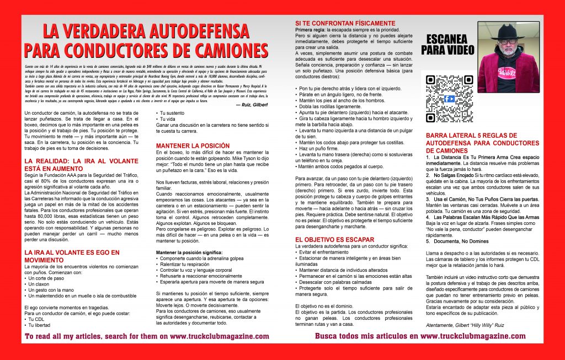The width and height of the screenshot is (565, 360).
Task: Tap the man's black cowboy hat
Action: pyautogui.click(x=510, y=31)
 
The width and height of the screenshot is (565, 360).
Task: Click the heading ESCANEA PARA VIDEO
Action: pyautogui.click(x=447, y=44)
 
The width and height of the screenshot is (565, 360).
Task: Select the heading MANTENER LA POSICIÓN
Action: pyautogui.click(x=185, y=146)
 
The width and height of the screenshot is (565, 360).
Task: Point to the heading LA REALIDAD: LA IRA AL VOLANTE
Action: pyautogui.click(x=80, y=164)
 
